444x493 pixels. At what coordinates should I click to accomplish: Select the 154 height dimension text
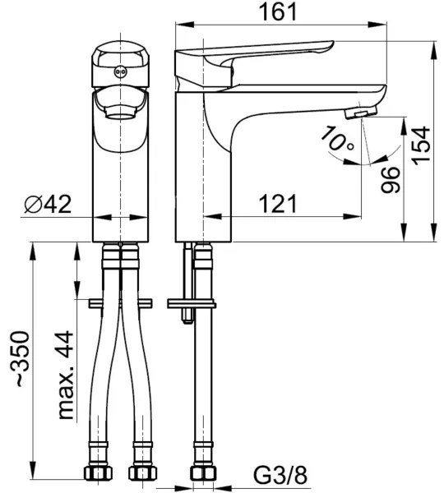point(421,146)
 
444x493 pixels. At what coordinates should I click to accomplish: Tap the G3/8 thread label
point(280,474)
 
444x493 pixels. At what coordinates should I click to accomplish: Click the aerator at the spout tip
point(362,110)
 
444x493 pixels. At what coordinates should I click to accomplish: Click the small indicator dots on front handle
point(120,73)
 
